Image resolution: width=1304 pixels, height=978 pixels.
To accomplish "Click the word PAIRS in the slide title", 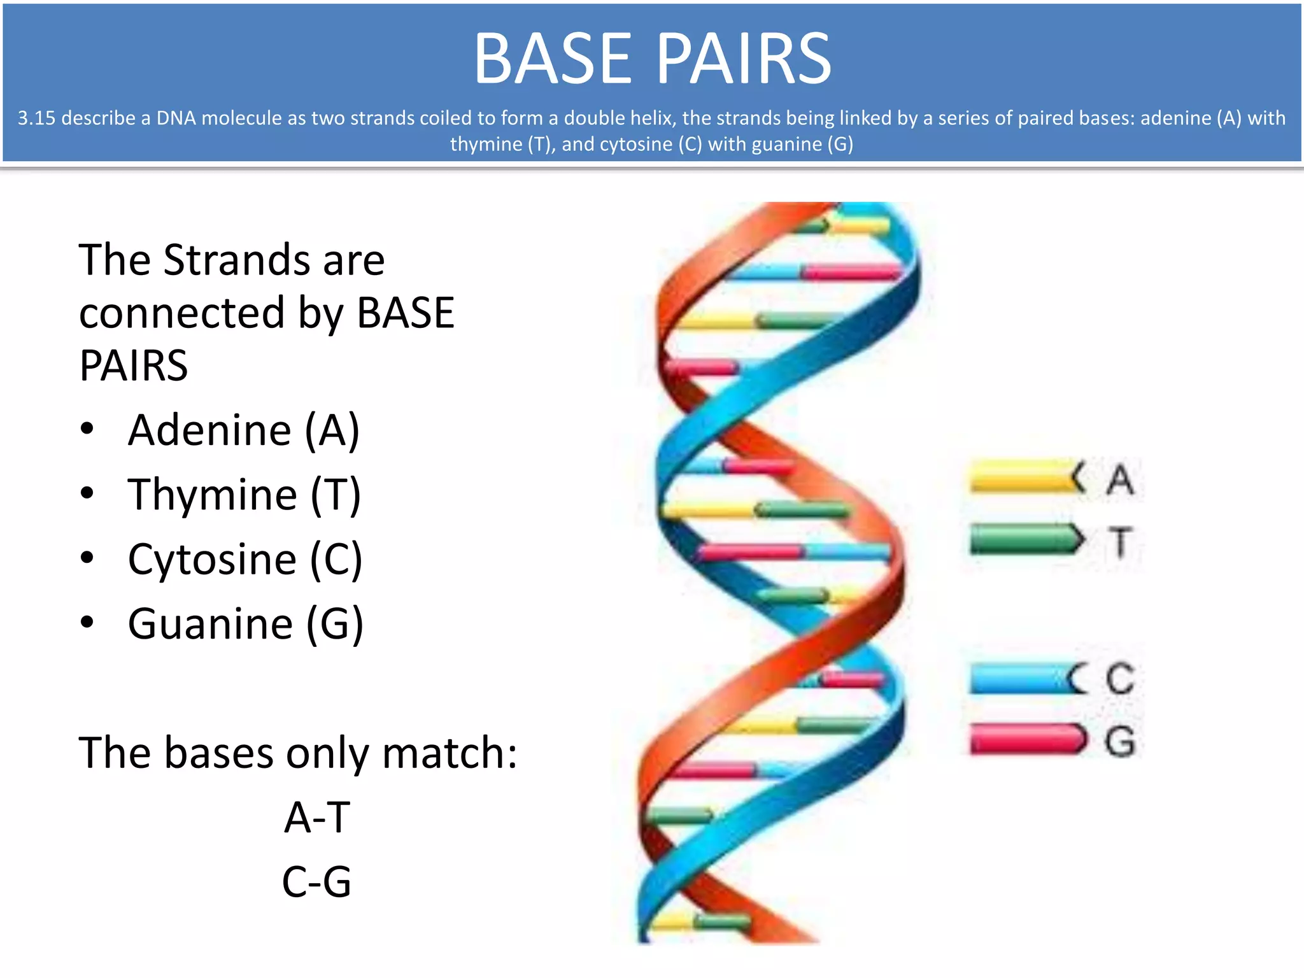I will click(744, 59).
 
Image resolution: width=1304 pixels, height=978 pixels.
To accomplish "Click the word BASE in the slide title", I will click(552, 59).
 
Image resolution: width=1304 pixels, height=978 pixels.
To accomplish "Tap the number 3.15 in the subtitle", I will click(36, 118).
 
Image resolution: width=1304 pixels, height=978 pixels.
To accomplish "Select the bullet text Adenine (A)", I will click(244, 430).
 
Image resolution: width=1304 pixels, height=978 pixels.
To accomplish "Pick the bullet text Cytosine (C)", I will click(245, 560).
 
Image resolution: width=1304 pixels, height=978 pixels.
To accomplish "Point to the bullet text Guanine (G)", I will click(246, 624).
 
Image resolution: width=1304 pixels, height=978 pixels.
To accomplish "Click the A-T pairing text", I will click(317, 818).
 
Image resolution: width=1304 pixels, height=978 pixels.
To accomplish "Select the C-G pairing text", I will click(317, 882).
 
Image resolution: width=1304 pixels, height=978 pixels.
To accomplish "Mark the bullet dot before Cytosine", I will click(87, 558).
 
